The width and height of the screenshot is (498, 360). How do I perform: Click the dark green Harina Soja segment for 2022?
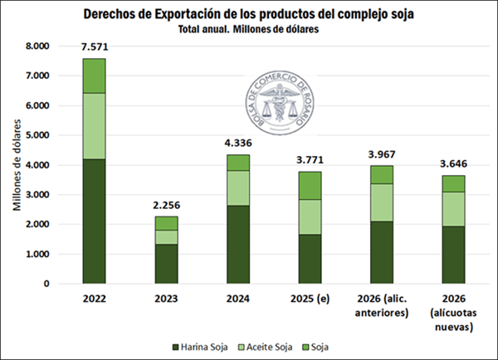pos(94,221)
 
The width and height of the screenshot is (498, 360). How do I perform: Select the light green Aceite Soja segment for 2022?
pos(94,125)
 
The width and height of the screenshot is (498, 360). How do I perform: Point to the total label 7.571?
pos(94,48)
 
